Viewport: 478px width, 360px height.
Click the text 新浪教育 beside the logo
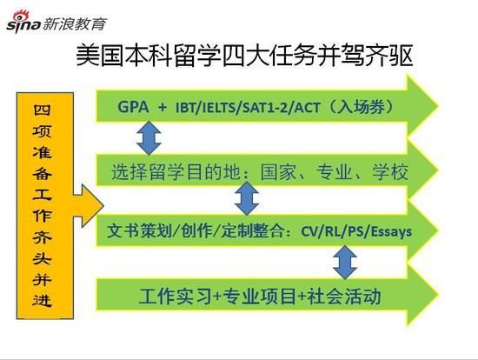[x=75, y=23]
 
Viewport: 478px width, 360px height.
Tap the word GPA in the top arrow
[x=133, y=107]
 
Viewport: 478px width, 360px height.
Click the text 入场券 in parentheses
[x=361, y=107]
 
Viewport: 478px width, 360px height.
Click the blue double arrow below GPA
[x=149, y=137]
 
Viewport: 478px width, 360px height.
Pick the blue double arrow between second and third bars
[x=247, y=198]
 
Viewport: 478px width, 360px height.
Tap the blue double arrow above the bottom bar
[x=345, y=262]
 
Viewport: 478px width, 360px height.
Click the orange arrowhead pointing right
[x=89, y=205]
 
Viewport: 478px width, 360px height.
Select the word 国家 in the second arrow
[x=278, y=172]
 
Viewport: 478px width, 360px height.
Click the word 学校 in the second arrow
[x=390, y=172]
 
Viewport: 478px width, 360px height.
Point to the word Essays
[x=391, y=231]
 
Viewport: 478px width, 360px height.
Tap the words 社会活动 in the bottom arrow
[x=344, y=297]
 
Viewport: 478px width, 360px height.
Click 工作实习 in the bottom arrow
[x=176, y=297]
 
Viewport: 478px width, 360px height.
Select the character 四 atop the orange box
[x=43, y=110]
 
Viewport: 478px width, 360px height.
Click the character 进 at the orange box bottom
[x=43, y=300]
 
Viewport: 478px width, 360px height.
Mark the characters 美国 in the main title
[x=100, y=56]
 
